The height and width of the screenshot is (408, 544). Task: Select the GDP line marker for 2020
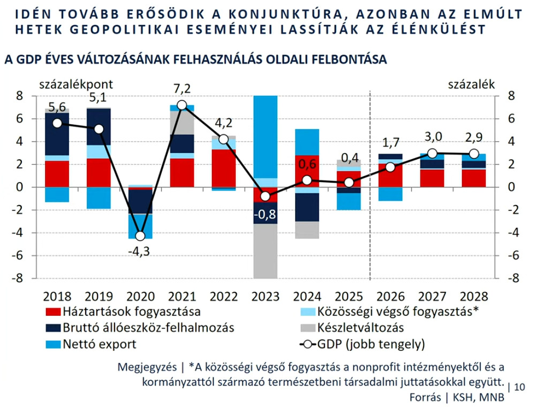[140, 236]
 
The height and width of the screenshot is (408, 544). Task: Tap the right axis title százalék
[471, 84]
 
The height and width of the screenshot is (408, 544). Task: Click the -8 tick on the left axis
[19, 278]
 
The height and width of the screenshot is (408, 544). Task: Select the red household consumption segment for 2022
[224, 168]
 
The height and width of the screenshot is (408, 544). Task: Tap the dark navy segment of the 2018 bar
[57, 134]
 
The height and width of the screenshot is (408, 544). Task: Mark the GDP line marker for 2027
[433, 154]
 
